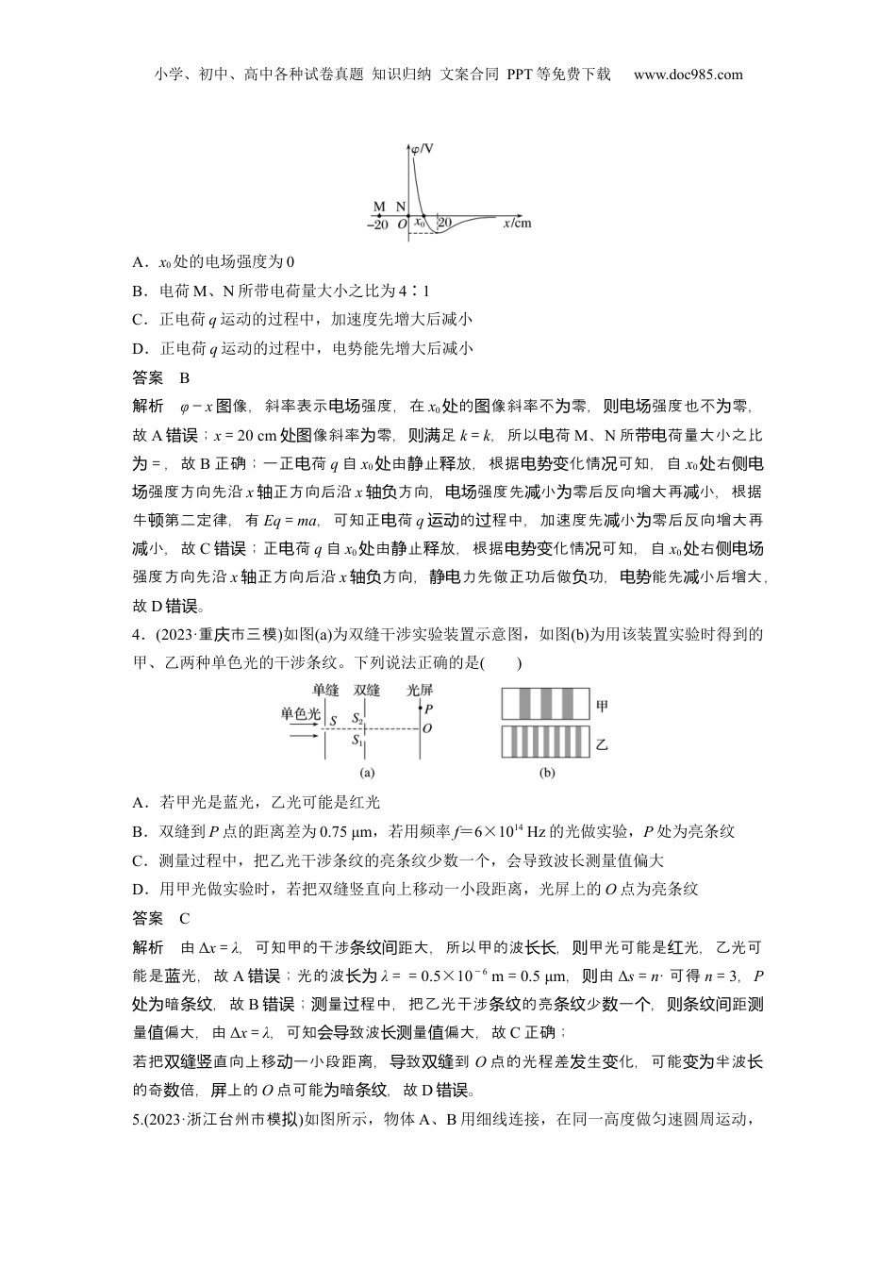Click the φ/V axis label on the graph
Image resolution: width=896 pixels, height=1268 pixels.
pyautogui.click(x=423, y=147)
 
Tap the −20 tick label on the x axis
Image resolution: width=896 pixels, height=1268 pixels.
pyautogui.click(x=377, y=225)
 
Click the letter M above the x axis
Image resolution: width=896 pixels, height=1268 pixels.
pyautogui.click(x=379, y=207)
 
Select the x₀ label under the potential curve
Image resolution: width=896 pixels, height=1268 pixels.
pyautogui.click(x=421, y=223)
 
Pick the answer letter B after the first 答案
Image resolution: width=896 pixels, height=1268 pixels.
pyautogui.click(x=185, y=378)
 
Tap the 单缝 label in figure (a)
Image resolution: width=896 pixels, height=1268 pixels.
pyautogui.click(x=325, y=690)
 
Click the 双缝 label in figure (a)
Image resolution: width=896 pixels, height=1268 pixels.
pyautogui.click(x=366, y=690)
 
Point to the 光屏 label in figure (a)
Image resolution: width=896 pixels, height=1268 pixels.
pyautogui.click(x=419, y=690)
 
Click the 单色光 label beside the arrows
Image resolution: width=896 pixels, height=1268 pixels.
pyautogui.click(x=300, y=713)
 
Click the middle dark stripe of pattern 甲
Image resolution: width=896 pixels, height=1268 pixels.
pyautogui.click(x=545, y=705)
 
